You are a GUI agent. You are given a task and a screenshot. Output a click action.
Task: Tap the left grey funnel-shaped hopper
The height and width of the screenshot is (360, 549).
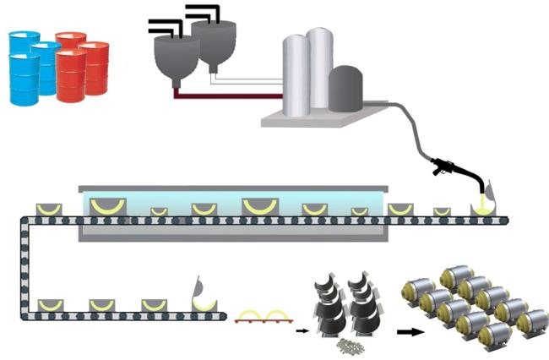(x=175, y=60)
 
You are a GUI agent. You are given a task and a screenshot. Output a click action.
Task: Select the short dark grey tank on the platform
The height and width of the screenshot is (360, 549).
(x=345, y=89)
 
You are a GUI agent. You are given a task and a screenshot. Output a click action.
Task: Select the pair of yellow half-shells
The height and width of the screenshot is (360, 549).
(x=263, y=316)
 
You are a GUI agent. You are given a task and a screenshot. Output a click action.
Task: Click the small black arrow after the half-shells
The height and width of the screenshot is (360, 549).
(x=302, y=332)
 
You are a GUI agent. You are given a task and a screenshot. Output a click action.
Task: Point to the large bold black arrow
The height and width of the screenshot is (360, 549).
(x=410, y=331)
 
